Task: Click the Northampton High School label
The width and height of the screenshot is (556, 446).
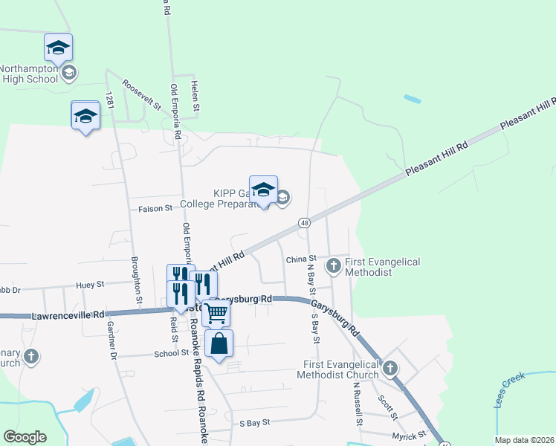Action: (30, 73)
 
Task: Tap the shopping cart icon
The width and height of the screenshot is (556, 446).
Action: (216, 313)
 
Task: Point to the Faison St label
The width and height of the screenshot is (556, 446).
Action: (155, 210)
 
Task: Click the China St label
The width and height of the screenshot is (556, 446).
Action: (301, 259)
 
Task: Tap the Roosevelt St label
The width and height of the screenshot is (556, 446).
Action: (142, 95)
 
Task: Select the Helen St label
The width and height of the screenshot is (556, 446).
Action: (195, 97)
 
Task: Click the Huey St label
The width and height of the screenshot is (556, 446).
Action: (89, 283)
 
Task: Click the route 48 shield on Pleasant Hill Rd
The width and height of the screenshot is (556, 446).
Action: (305, 222)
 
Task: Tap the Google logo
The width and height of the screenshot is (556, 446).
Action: (25, 437)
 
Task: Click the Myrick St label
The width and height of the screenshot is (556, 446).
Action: (412, 434)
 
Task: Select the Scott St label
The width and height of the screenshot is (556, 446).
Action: (387, 406)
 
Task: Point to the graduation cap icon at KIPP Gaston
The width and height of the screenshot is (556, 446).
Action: (263, 190)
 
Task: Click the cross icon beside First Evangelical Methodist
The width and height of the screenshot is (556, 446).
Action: (334, 265)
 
